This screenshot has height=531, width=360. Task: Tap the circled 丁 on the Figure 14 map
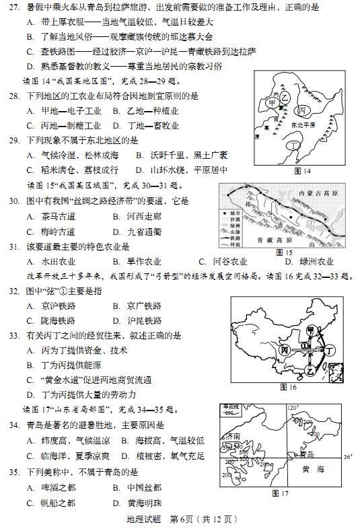[293, 145]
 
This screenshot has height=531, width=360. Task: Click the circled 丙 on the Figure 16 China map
[285, 350]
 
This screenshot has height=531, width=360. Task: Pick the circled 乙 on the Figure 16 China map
[311, 371]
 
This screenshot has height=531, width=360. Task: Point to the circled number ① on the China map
[304, 345]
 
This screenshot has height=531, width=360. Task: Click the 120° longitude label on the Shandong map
[293, 408]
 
